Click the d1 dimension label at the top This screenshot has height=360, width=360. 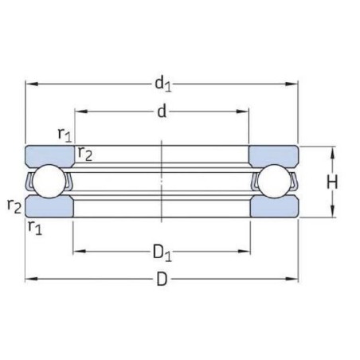tap(163, 82)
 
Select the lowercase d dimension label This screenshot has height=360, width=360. tap(162, 112)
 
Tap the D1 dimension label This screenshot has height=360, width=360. tap(163, 253)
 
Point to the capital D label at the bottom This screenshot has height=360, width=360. tap(162, 280)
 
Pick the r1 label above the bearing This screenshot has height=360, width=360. tap(65, 134)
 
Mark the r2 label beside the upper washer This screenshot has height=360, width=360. tap(84, 154)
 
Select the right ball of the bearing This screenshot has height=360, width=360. tap(275, 182)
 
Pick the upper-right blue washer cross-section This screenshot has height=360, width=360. tap(275, 155)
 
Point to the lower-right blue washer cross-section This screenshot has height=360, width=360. tap(275, 207)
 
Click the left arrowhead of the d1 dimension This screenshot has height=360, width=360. tap(30, 83)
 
